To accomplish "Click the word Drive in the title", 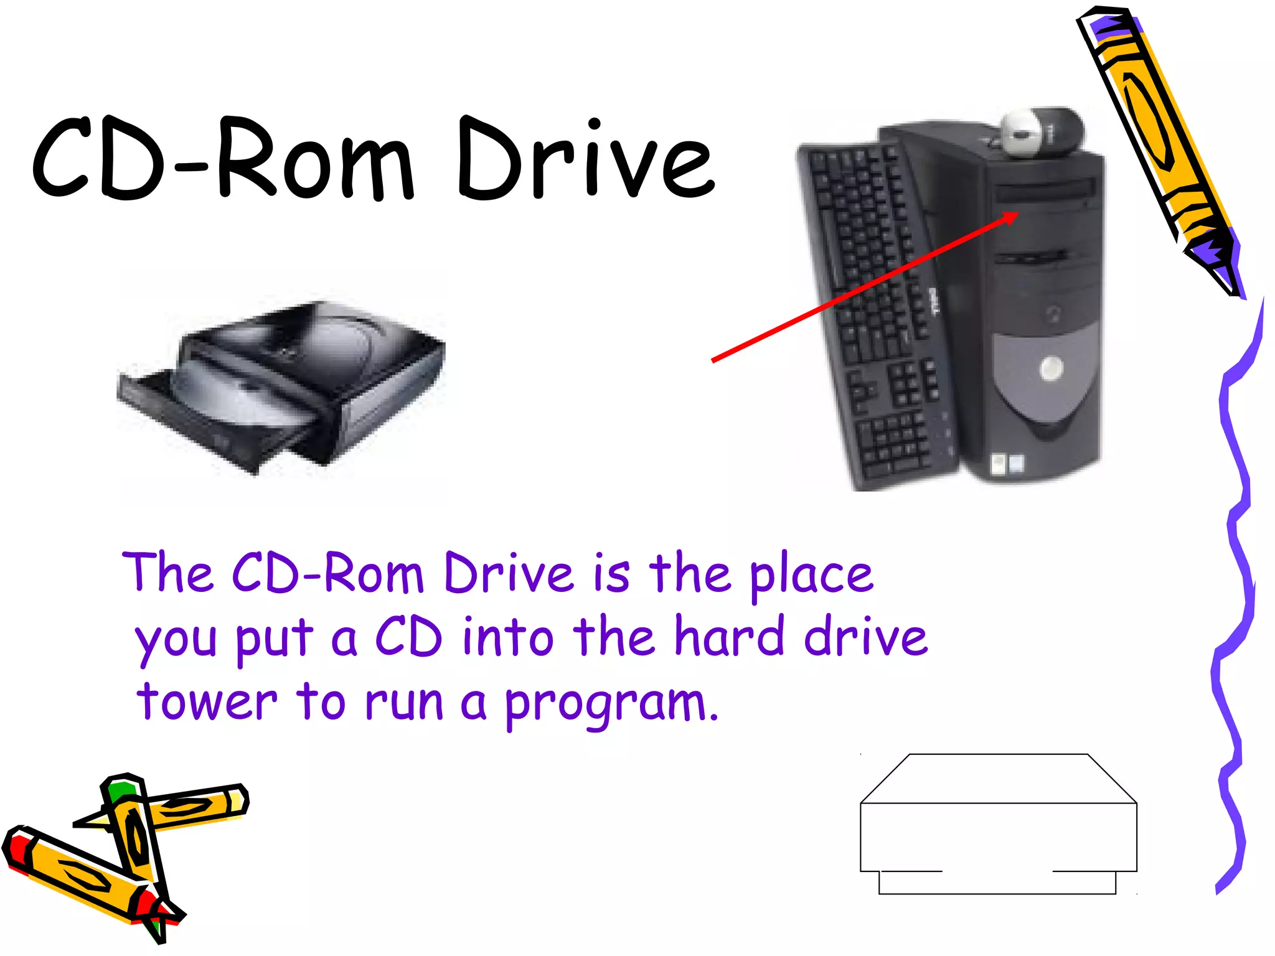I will [x=585, y=159].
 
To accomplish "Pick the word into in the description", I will [x=507, y=636].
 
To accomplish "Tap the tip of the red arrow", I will [x=1016, y=214].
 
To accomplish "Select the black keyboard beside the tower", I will [x=872, y=311].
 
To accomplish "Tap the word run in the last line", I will [x=403, y=702].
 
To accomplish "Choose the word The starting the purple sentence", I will [x=168, y=573].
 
